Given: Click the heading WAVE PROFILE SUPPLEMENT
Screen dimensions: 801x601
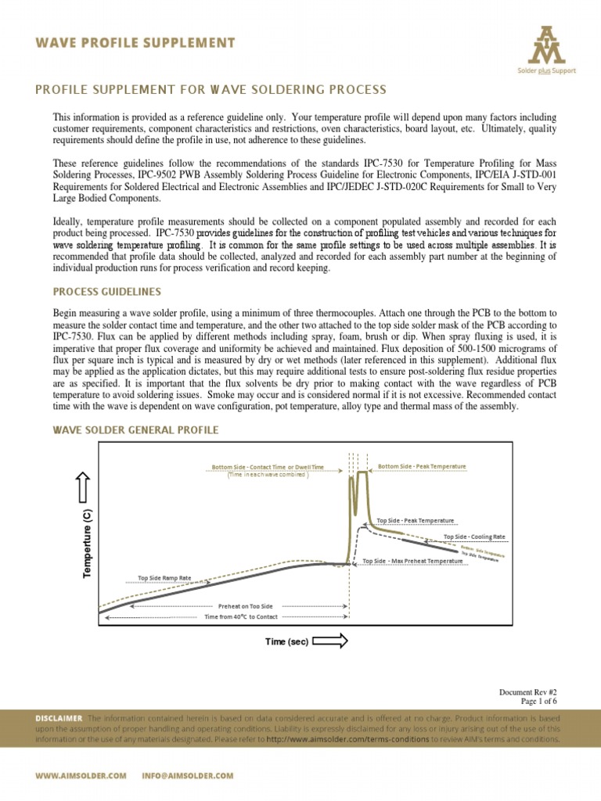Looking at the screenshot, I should (x=135, y=42).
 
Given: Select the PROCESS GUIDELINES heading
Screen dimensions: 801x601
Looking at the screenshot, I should (x=106, y=292).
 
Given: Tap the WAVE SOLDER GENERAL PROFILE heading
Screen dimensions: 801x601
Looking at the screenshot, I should (x=135, y=430).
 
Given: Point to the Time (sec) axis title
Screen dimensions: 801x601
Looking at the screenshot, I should (x=286, y=642).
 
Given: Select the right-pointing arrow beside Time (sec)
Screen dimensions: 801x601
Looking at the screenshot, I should (x=330, y=642).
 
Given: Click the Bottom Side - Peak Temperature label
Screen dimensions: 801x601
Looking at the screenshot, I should (x=422, y=466).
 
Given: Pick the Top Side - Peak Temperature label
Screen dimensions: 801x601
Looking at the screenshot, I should (x=415, y=520).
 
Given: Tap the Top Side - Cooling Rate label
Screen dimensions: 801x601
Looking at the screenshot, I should (x=473, y=537).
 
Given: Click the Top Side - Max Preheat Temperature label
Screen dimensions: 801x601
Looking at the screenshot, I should (x=412, y=561).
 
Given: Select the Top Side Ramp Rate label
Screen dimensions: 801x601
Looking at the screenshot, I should (x=164, y=578).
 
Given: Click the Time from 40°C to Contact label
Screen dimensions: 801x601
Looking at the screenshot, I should (x=241, y=616).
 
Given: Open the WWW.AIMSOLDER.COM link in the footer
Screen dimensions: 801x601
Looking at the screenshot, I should (x=81, y=775).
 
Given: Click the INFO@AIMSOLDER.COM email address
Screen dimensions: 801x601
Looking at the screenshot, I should (x=188, y=775).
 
